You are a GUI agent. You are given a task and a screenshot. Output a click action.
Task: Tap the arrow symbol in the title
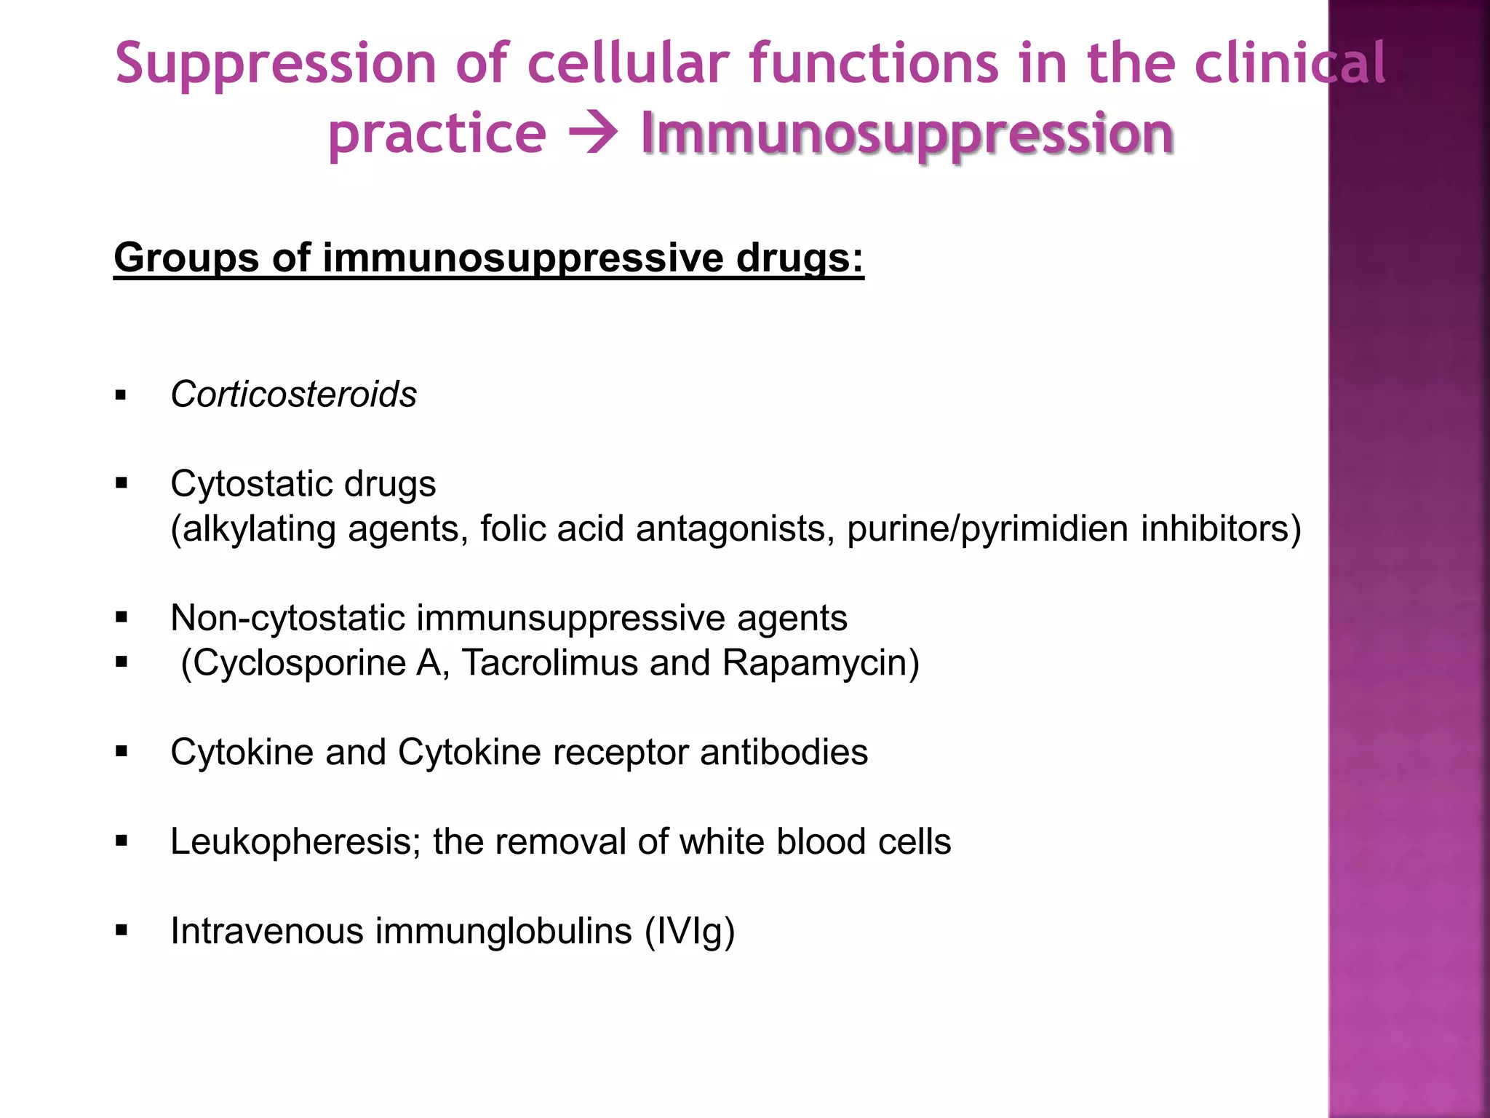coord(593,134)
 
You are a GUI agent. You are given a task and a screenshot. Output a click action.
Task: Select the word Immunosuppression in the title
coord(907,134)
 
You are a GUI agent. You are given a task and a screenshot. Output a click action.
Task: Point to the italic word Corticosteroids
coord(293,395)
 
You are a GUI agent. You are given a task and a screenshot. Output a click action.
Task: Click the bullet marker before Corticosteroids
coord(121,396)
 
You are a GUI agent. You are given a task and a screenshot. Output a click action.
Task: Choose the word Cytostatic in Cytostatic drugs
coord(251,484)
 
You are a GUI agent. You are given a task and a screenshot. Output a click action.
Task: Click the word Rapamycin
coord(821,663)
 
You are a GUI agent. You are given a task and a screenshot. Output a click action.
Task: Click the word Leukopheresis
coord(295,842)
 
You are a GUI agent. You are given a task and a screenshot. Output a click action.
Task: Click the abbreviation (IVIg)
coord(690,932)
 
